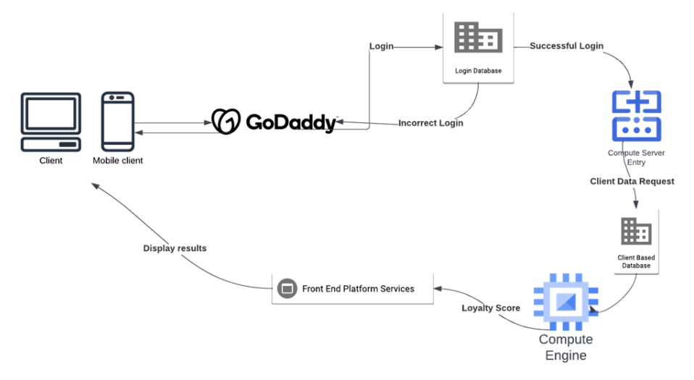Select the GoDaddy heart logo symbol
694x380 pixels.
pyautogui.click(x=226, y=122)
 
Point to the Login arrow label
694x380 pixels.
pyautogui.click(x=381, y=46)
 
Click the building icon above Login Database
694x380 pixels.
pyautogui.click(x=477, y=37)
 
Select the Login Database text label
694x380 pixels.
pyautogui.click(x=477, y=71)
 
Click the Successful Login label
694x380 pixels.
pyautogui.click(x=566, y=46)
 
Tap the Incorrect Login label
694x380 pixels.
pyautogui.click(x=430, y=123)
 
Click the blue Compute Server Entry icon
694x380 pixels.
pyautogui.click(x=636, y=116)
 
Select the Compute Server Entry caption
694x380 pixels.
pyautogui.click(x=636, y=157)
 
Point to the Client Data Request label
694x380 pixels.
pyautogui.click(x=632, y=181)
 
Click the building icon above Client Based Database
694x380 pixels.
pyautogui.click(x=636, y=232)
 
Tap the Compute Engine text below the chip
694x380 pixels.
pyautogui.click(x=565, y=347)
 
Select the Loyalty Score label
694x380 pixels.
pyautogui.click(x=490, y=308)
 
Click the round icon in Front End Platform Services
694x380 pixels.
pyautogui.click(x=287, y=289)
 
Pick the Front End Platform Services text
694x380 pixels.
pyautogui.click(x=359, y=289)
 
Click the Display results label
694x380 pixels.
pyautogui.click(x=175, y=248)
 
